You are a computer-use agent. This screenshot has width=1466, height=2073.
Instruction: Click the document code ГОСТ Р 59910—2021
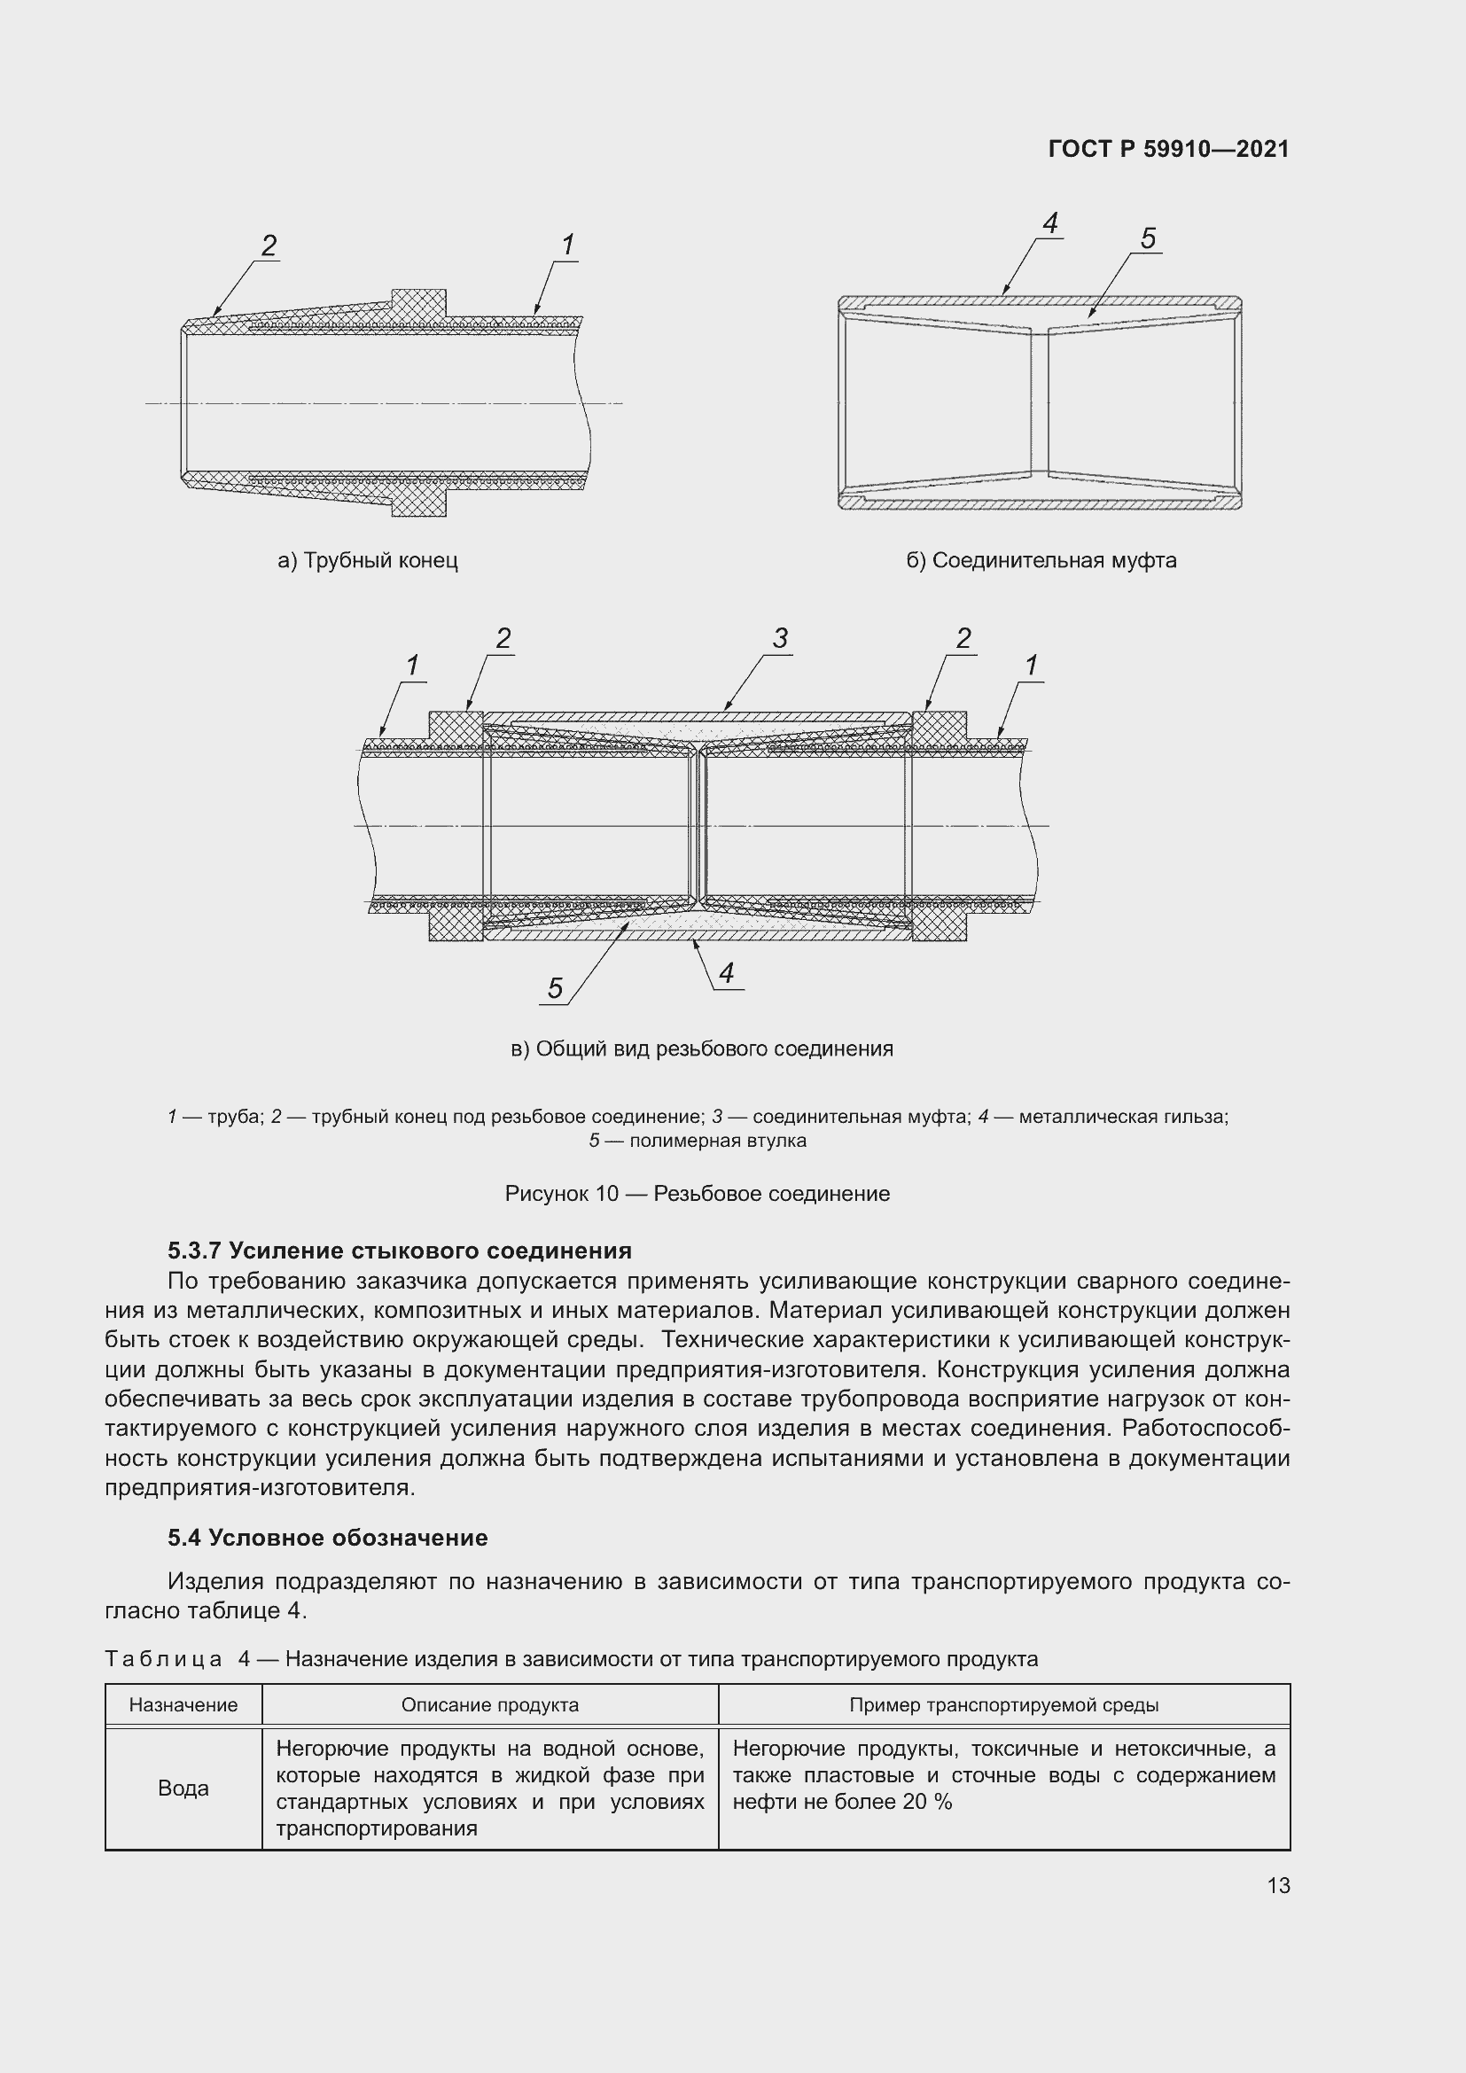click(x=1168, y=149)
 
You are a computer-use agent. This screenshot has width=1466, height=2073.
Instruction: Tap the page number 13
click(x=1278, y=1885)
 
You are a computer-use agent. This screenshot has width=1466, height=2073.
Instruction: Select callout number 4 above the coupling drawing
click(x=1049, y=223)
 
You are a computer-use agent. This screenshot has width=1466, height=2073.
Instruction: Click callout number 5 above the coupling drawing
click(x=1147, y=238)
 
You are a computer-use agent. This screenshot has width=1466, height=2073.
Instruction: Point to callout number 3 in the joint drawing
click(x=780, y=638)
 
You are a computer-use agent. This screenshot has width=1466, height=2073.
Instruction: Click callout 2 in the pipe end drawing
click(x=268, y=245)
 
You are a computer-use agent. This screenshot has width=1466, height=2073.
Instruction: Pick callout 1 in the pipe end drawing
click(x=567, y=245)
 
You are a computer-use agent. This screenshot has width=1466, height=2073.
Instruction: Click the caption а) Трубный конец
click(x=368, y=561)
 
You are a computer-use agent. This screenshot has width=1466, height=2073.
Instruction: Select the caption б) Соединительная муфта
click(x=1041, y=561)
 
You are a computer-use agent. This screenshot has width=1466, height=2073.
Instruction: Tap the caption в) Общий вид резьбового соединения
click(x=701, y=1048)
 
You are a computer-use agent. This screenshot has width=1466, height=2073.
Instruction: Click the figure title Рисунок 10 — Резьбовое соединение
click(x=697, y=1194)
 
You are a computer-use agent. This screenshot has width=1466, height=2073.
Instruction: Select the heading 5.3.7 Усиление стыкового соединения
click(x=399, y=1251)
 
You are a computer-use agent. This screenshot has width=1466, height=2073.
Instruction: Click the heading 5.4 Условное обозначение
click(x=327, y=1538)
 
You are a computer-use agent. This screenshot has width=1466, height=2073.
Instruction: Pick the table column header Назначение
click(x=183, y=1704)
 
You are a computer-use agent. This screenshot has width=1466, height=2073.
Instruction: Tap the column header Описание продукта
click(x=489, y=1704)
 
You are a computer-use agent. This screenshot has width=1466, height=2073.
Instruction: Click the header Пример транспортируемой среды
click(x=1003, y=1704)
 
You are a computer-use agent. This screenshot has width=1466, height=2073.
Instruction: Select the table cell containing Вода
click(x=183, y=1789)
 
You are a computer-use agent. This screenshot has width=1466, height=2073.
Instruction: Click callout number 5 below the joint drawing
click(x=554, y=989)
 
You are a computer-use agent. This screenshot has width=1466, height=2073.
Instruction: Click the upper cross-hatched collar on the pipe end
click(x=419, y=302)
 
